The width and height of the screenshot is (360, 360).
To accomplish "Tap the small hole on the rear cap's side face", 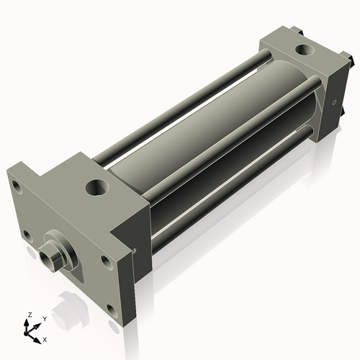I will tap(334, 103).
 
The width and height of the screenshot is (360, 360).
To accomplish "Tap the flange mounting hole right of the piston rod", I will tap(104, 260).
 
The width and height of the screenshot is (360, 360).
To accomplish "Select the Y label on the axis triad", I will tap(44, 318).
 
